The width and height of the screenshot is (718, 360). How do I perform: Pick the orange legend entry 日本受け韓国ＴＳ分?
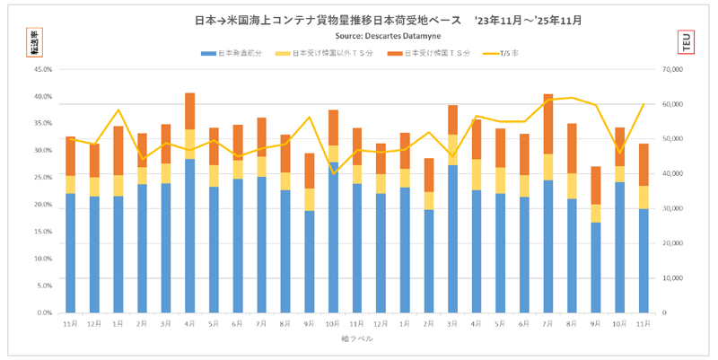[432, 54]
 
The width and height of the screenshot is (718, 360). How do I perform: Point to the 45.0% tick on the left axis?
[41, 68]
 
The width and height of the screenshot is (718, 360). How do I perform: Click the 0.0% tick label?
[43, 312]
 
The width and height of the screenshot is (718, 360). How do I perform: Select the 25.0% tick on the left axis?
[41, 177]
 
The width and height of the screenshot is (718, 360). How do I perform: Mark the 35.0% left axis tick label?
[41, 123]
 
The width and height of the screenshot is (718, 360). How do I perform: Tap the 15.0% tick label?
[41, 231]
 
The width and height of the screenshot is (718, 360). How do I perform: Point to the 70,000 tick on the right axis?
[677, 68]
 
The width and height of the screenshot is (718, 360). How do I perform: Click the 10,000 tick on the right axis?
[677, 277]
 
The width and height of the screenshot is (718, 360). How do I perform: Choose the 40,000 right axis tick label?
[677, 173]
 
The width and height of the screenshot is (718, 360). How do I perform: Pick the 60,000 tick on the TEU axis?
[677, 103]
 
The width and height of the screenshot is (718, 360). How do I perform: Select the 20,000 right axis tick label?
[677, 242]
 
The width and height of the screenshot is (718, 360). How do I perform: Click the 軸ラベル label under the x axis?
[355, 339]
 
